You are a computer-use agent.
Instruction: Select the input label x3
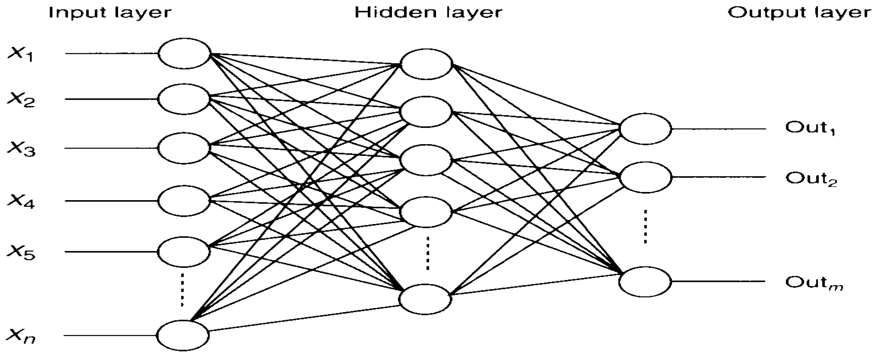click(21, 149)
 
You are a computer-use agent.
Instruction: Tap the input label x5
click(21, 252)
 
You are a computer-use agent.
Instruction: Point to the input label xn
click(21, 336)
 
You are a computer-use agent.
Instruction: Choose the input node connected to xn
click(183, 335)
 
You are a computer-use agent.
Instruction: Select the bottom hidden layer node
click(426, 299)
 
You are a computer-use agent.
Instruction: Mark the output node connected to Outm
click(645, 282)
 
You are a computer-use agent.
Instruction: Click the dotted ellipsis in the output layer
click(645, 227)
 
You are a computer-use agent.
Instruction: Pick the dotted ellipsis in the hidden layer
click(428, 253)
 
